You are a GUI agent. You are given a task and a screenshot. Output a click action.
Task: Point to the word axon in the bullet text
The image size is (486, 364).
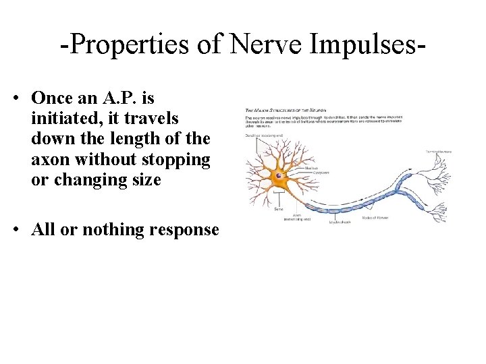coord(47,160)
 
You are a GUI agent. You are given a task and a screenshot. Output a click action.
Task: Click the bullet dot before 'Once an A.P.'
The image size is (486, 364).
coord(16,98)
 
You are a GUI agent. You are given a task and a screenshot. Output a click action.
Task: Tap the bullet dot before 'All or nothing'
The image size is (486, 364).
coord(16,230)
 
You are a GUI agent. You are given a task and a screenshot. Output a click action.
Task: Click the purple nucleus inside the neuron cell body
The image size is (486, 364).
coord(278,177)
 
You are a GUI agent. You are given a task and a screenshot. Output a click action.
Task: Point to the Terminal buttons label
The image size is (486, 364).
coord(439,152)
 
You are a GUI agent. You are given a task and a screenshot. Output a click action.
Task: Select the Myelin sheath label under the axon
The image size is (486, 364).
coord(342,222)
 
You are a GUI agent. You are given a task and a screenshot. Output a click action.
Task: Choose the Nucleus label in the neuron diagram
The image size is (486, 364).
coord(312,168)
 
